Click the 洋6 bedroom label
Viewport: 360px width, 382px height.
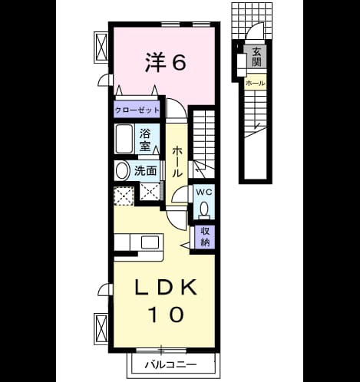tap(165, 63)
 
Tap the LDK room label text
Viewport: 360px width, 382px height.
tap(166, 288)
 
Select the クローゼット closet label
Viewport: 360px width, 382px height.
tap(137, 110)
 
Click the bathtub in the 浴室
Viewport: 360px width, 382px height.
tap(124, 139)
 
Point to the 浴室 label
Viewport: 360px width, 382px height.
tap(145, 140)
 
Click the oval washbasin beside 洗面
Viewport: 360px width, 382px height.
tap(122, 170)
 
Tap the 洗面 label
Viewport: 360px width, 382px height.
tap(146, 170)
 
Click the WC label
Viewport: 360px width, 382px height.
tap(204, 192)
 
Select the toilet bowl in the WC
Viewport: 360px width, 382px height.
tap(204, 209)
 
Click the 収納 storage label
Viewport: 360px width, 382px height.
tap(205, 237)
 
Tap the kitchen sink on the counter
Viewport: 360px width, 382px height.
tap(150, 242)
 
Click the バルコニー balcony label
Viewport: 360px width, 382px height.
tap(171, 364)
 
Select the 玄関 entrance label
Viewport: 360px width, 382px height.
tap(256, 57)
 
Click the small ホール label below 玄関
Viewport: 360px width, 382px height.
tap(255, 83)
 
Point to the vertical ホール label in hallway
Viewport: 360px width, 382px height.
tap(177, 162)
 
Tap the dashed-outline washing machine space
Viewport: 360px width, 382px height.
tap(124, 196)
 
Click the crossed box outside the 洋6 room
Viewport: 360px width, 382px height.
tap(101, 48)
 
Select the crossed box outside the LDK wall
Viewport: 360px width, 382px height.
tap(101, 328)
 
